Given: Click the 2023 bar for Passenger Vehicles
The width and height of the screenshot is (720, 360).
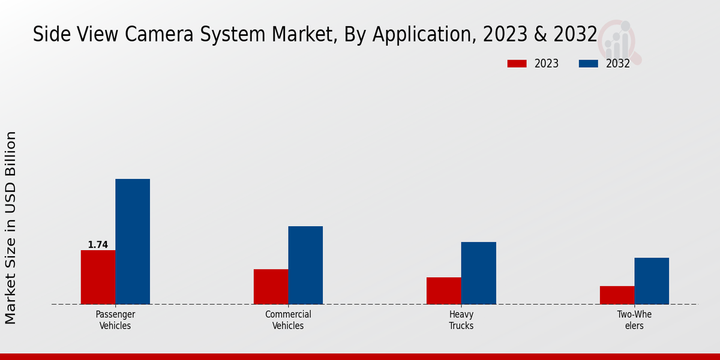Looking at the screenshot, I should [x=98, y=277].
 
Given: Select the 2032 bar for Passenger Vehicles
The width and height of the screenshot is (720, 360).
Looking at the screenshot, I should [x=133, y=241].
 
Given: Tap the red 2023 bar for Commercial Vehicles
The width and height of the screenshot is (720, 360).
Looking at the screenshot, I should [x=271, y=286].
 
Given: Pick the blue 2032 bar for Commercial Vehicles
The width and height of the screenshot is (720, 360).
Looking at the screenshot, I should [x=305, y=265].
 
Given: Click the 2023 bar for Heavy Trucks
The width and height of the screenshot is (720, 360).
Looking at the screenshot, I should [x=444, y=290].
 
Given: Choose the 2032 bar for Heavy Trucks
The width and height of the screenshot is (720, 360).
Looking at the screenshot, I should [x=479, y=272].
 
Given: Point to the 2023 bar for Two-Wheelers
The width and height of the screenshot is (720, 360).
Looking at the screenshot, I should [x=617, y=295].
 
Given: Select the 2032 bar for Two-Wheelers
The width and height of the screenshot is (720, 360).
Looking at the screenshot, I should [x=652, y=280].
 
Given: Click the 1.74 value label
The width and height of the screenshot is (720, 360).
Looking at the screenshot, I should [x=98, y=245].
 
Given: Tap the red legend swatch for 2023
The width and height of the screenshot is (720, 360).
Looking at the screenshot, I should [x=517, y=64].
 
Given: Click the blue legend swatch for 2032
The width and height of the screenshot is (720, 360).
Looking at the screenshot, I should [x=588, y=64].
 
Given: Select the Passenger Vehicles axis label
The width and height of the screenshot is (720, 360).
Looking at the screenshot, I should [x=115, y=320].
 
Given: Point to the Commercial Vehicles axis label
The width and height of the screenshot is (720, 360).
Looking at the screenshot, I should [x=288, y=320].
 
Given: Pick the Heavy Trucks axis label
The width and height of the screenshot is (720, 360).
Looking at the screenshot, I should [x=461, y=320].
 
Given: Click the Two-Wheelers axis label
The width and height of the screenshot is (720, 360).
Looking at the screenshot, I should [x=634, y=320].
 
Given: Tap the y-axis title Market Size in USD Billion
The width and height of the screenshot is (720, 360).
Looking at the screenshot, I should [x=11, y=228].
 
